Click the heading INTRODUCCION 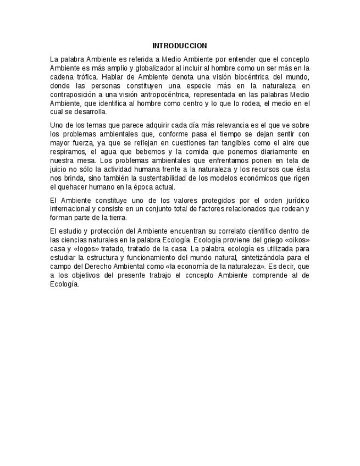[180, 46]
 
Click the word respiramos [67, 151]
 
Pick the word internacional [70, 209]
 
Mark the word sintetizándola [253, 257]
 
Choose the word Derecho [98, 267]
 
